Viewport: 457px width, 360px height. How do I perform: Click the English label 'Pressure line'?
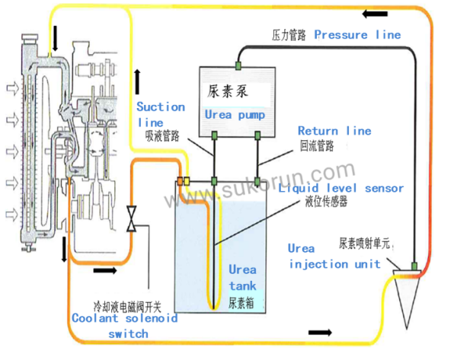357,34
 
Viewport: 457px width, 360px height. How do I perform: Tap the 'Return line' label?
334,131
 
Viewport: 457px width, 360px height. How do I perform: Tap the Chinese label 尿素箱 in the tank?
241,301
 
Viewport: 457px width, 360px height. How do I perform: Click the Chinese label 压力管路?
289,35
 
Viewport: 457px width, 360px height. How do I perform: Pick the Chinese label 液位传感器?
325,201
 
